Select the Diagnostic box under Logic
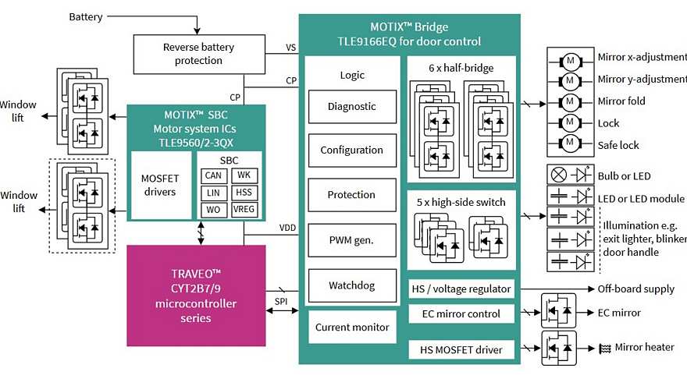pyautogui.click(x=351, y=107)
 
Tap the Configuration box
pyautogui.click(x=351, y=151)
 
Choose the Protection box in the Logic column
pyautogui.click(x=351, y=195)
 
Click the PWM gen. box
pyautogui.click(x=351, y=240)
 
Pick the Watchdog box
pyautogui.click(x=351, y=285)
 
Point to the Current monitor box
pyautogui.click(x=352, y=328)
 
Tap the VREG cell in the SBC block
pyautogui.click(x=244, y=210)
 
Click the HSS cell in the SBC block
pyautogui.click(x=244, y=193)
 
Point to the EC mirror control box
pyautogui.click(x=462, y=313)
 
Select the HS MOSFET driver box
pyautogui.click(x=462, y=350)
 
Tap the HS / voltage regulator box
pyautogui.click(x=462, y=289)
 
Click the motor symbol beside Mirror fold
pyautogui.click(x=570, y=101)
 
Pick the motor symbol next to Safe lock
pyautogui.click(x=570, y=144)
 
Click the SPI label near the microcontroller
pyautogui.click(x=281, y=301)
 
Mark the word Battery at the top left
pyautogui.click(x=86, y=16)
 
